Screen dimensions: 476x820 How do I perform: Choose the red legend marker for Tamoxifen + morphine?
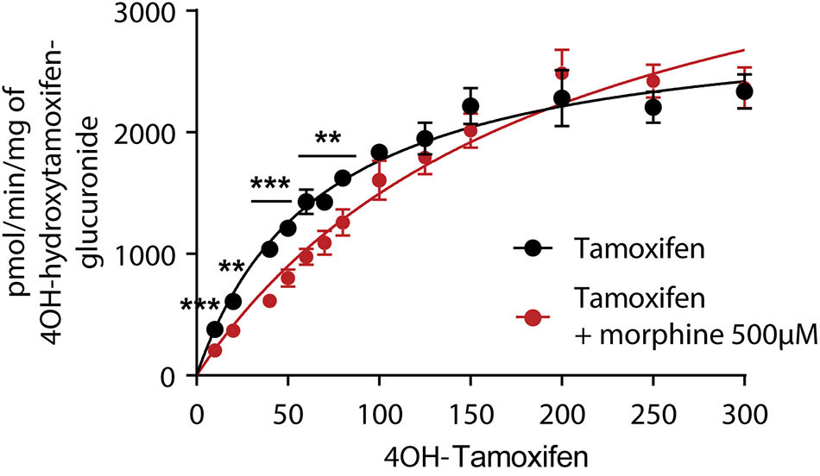coord(534,316)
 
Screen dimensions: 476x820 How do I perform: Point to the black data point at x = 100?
coord(379,153)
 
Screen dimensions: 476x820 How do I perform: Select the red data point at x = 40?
coord(269,301)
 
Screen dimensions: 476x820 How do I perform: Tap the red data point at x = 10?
coord(215,350)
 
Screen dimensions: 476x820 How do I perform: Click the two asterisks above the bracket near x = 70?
coord(326,138)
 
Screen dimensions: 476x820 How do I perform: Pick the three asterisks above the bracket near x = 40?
coord(270,185)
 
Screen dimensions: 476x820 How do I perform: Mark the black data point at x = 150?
coord(470,106)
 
